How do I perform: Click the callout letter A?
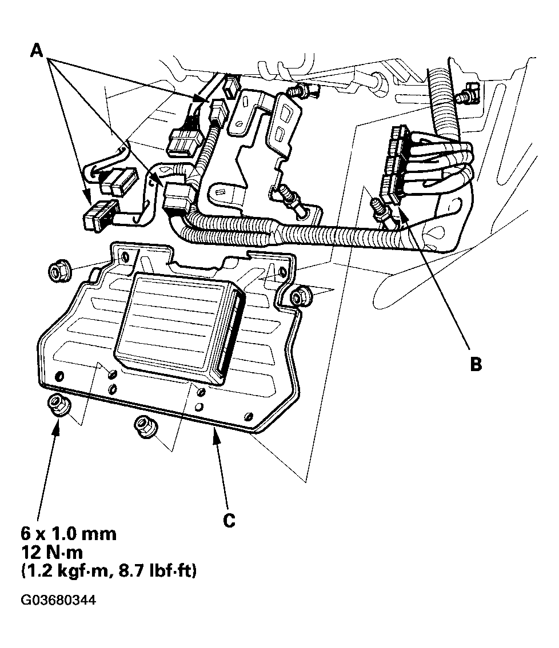click(x=37, y=51)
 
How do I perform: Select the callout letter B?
click(x=475, y=364)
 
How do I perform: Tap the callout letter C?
click(x=229, y=521)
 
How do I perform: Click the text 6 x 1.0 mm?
click(x=69, y=534)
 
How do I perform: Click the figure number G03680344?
click(x=58, y=600)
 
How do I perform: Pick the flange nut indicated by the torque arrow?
click(x=58, y=406)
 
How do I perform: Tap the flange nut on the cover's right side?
click(x=299, y=297)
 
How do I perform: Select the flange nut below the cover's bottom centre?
click(x=144, y=426)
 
